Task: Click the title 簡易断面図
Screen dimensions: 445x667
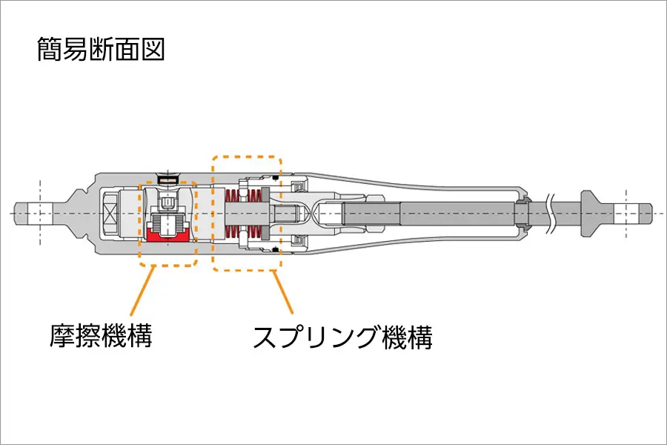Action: pyautogui.click(x=100, y=50)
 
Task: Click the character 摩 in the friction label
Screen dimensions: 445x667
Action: pyautogui.click(x=62, y=336)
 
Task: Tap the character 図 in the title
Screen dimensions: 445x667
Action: pyautogui.click(x=152, y=50)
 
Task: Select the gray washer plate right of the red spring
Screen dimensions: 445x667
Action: pyautogui.click(x=265, y=215)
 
